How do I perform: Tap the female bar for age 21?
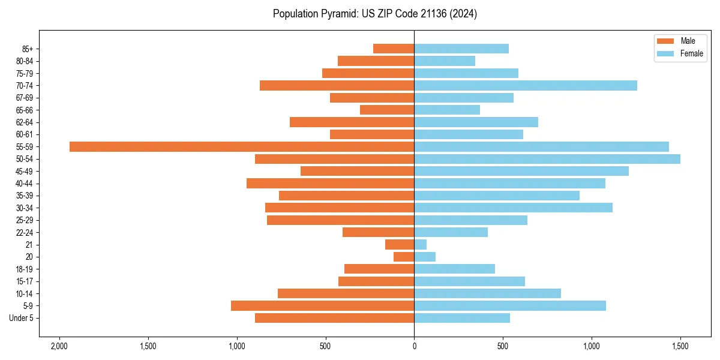coord(421,244)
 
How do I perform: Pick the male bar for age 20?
coord(404,257)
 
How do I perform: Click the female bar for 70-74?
coord(526,85)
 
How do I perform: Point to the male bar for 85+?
coord(394,49)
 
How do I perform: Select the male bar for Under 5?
coord(334,318)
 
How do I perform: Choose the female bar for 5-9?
coord(510,305)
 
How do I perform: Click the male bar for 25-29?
coord(340,220)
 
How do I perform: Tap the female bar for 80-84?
coord(445,61)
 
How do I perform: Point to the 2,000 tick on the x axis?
coord(59,346)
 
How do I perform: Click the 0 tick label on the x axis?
coord(414,346)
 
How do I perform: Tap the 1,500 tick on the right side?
coord(680,346)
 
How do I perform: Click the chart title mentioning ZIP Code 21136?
coord(375,14)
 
